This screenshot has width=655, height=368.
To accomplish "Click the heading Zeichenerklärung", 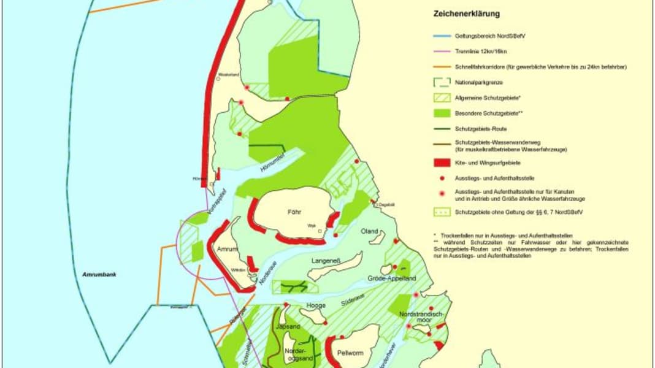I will coord(466,13).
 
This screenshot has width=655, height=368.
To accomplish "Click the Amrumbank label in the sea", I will coord(99,274).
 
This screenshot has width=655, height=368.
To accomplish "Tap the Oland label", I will coord(370,231).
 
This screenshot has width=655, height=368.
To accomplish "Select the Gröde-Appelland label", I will coord(391,278).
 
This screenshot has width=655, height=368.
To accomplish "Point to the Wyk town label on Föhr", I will coord(312,226).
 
